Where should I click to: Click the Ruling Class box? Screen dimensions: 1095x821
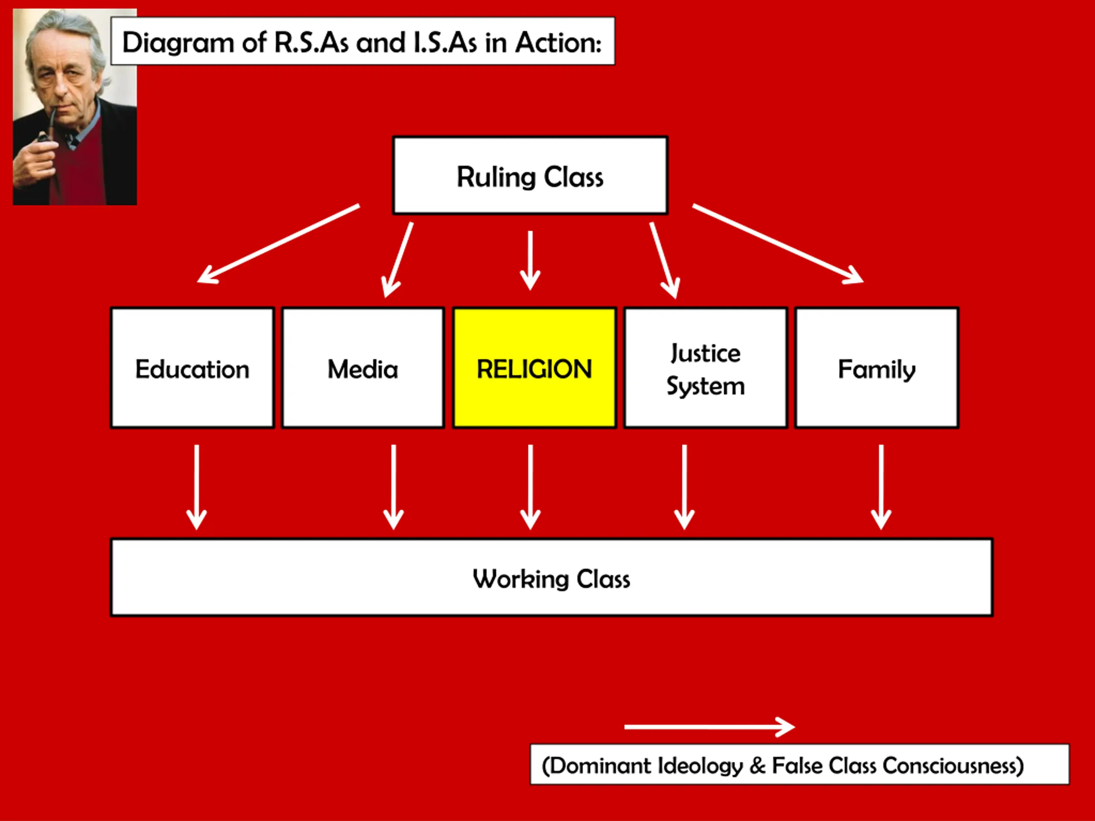pos(530,176)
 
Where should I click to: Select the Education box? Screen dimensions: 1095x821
pos(192,368)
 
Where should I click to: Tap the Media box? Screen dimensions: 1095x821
pos(363,368)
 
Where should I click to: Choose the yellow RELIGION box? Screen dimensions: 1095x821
pos(535,368)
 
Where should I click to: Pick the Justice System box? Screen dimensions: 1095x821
pos(706,368)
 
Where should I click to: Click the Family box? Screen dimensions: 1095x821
pos(877,368)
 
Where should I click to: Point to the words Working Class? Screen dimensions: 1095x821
pos(551,579)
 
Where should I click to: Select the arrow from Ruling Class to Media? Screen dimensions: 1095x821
pos(397,260)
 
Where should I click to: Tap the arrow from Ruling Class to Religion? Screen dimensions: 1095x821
pos(530,260)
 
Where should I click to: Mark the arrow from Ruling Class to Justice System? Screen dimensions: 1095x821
pos(665,260)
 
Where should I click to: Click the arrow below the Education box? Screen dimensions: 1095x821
pos(196,487)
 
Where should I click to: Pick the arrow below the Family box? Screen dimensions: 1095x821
pos(881,487)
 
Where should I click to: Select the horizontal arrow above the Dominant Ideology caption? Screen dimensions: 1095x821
pos(709,727)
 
